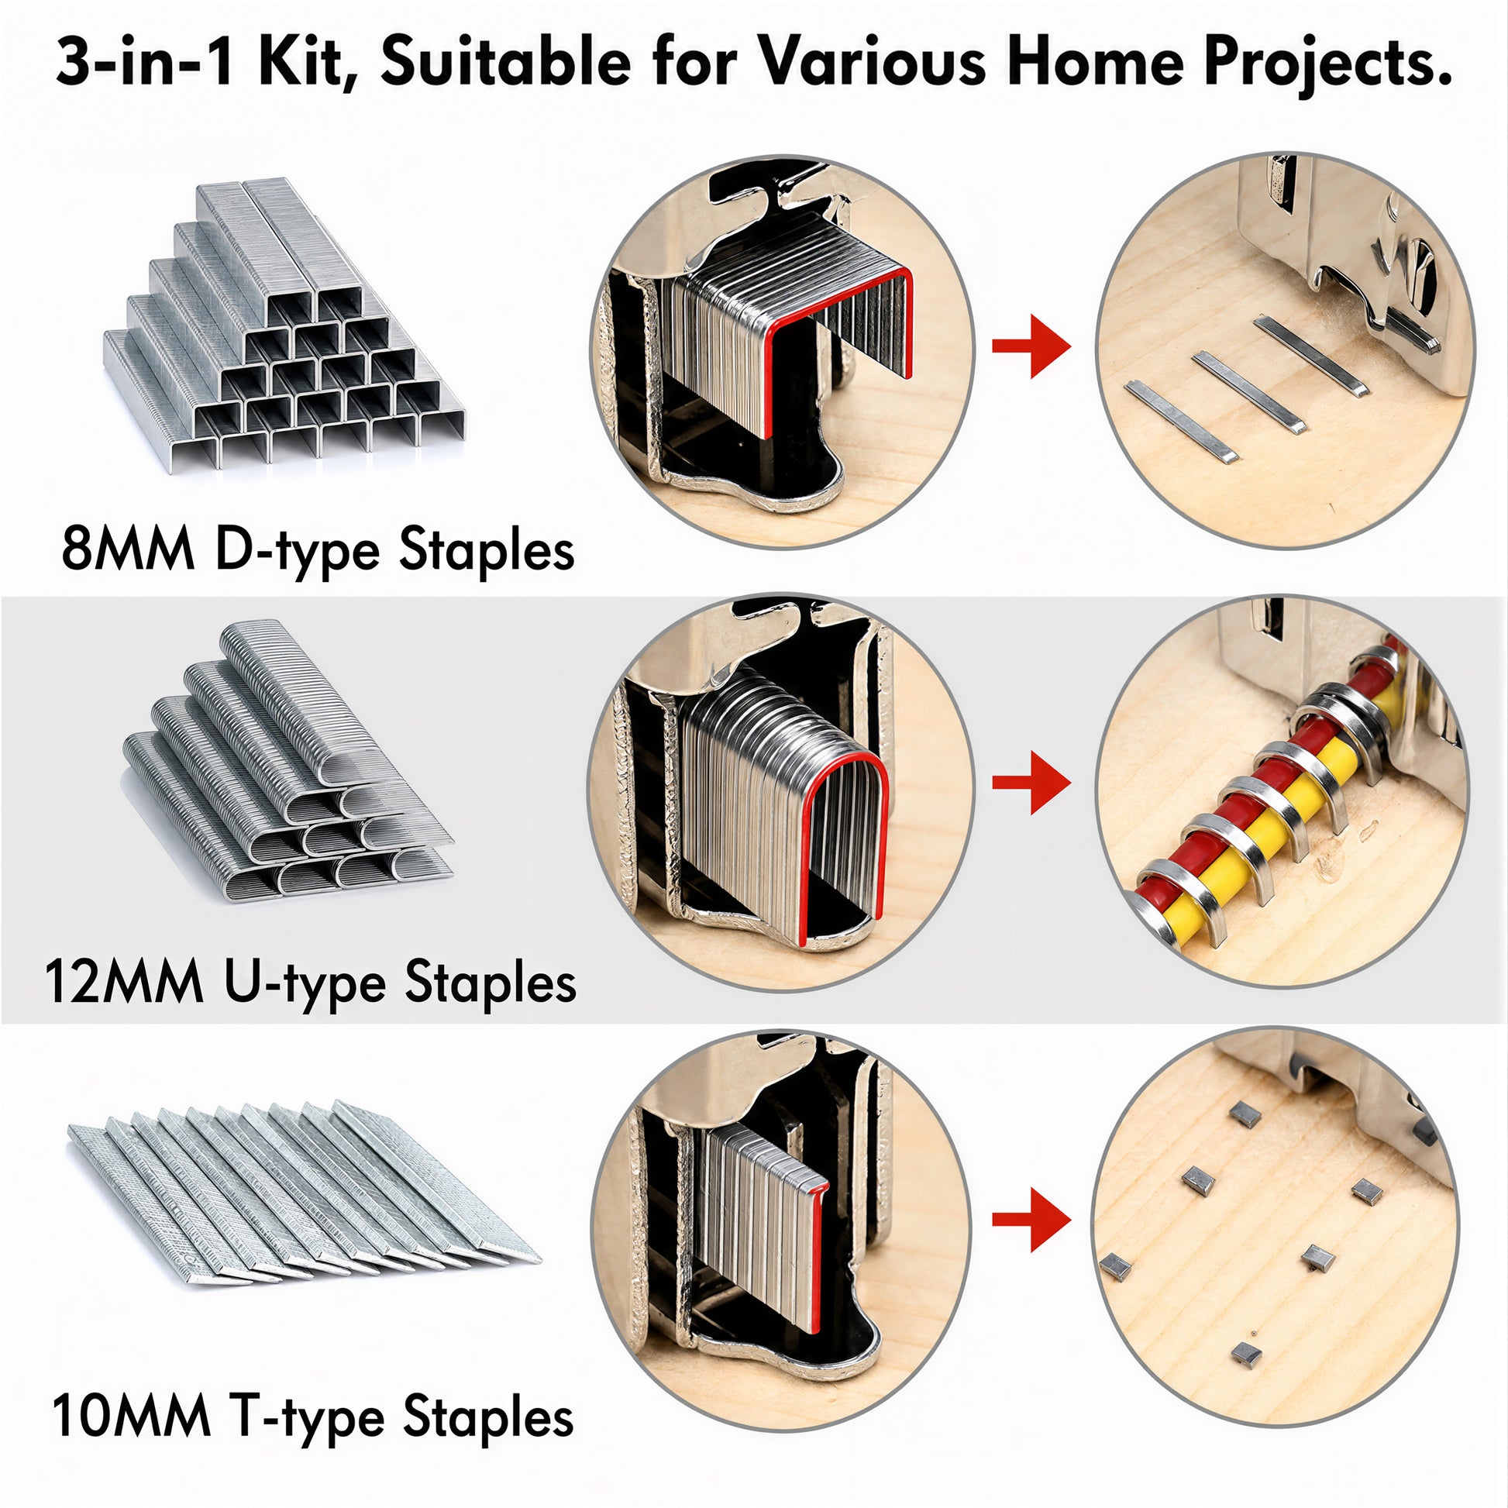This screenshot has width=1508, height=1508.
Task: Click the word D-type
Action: [x=301, y=552]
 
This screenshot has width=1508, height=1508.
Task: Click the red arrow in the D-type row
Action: [x=1031, y=346]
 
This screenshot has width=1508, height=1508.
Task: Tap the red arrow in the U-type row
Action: [x=1031, y=782]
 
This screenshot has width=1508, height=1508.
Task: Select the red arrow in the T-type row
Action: [x=1031, y=1219]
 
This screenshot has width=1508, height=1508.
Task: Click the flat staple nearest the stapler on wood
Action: [x=1310, y=354]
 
